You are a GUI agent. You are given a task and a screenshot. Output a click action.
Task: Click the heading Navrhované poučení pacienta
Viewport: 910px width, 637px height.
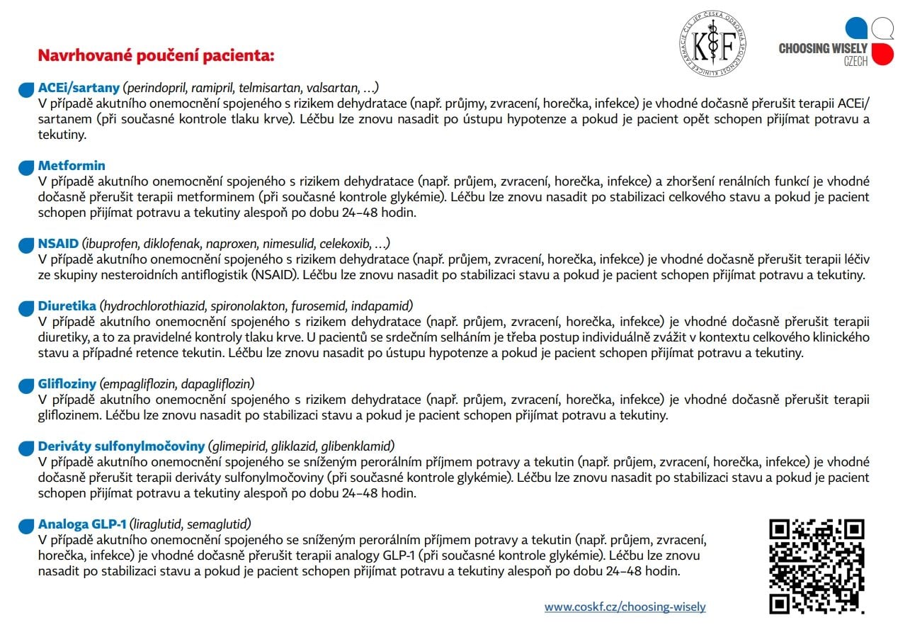(156, 55)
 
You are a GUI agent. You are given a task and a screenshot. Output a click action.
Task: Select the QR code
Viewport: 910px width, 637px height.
(817, 566)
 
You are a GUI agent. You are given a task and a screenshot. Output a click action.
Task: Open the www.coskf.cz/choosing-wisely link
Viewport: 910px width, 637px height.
(625, 607)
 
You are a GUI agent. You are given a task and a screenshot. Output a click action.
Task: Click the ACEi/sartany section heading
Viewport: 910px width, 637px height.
(78, 88)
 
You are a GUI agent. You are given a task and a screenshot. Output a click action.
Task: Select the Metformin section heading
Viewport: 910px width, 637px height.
(72, 166)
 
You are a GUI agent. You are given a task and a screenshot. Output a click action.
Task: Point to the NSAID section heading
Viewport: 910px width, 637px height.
(58, 244)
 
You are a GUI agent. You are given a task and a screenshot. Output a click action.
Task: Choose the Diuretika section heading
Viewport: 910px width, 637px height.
(67, 306)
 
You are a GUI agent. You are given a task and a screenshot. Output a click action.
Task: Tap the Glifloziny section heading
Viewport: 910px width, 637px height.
(67, 384)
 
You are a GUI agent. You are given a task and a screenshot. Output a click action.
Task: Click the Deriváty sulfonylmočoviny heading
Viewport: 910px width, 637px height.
(121, 446)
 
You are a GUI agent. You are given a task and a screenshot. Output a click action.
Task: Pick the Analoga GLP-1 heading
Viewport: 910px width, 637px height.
(82, 524)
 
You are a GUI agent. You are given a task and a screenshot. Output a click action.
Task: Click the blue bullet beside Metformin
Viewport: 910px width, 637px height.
(26, 167)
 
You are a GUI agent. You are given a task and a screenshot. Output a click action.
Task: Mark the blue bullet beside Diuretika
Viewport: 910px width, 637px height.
(26, 308)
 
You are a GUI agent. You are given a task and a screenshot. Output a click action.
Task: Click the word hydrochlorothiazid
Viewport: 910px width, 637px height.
(152, 306)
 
